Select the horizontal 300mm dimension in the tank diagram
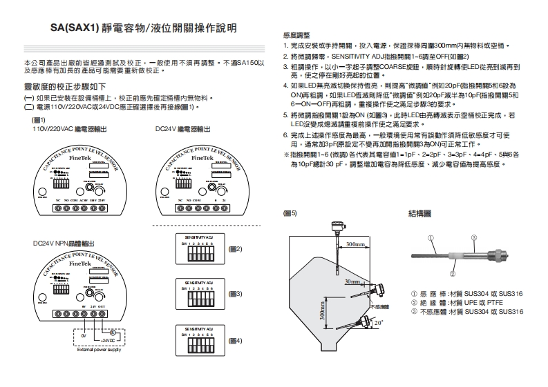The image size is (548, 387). click(356, 244)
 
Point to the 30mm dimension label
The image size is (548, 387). click(352, 282)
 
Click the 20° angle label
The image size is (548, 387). click(378, 322)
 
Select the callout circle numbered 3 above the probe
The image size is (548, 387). click(474, 239)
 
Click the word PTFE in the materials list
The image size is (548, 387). click(490, 302)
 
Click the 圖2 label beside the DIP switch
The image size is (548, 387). click(236, 248)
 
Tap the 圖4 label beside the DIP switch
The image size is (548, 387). click(236, 341)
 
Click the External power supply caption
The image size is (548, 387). click(100, 350)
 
